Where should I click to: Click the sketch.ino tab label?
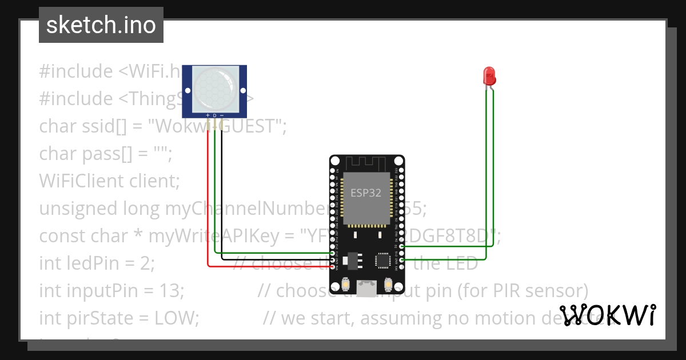101,25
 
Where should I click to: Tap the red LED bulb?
489,75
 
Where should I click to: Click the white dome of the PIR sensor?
213,88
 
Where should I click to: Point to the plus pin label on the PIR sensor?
208,115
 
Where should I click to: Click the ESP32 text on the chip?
366,193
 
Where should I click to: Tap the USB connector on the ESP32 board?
366,287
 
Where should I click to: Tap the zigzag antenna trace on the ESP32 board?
366,163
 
